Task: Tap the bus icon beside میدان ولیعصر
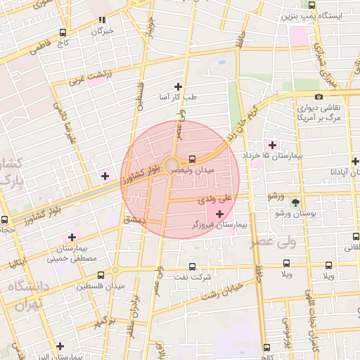(x=193, y=159)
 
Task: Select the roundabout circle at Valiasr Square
(x=172, y=166)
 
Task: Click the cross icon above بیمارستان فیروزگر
(x=220, y=213)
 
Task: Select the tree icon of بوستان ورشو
(x=295, y=202)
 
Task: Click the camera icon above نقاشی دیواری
(x=319, y=96)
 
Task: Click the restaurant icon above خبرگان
(x=103, y=20)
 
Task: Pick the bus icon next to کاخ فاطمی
(x=64, y=32)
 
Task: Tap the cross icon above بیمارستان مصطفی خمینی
(x=70, y=238)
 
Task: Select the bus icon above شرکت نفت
(x=194, y=266)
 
